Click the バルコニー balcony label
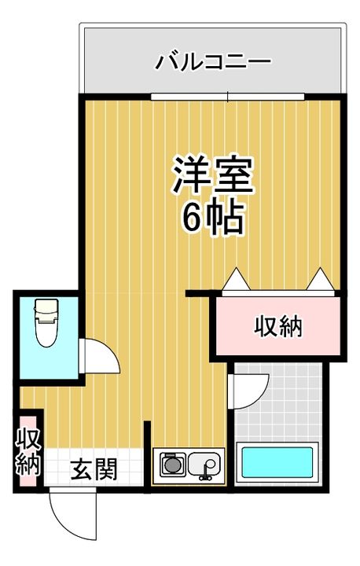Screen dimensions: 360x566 (x=213, y=62)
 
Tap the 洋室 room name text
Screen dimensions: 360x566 (x=213, y=176)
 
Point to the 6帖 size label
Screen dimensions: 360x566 (x=213, y=217)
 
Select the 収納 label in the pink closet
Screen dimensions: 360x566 (x=278, y=327)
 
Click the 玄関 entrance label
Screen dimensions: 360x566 (x=94, y=469)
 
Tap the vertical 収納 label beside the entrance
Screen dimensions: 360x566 (x=28, y=451)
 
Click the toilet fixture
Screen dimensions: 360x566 (x=46, y=323)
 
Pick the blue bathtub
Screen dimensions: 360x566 (x=277, y=462)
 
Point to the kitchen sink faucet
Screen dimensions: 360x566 (x=207, y=472)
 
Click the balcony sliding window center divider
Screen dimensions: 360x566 (x=227, y=97)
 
